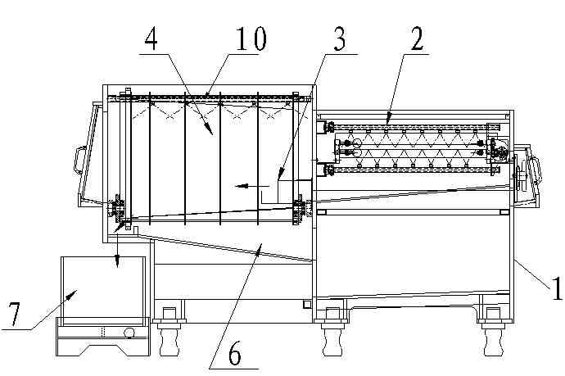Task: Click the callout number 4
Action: [x=151, y=40]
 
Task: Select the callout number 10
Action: [x=251, y=39]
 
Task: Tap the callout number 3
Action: [x=340, y=39]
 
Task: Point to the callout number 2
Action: [x=417, y=39]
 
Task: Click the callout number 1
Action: [x=557, y=288]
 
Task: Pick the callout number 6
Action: [x=234, y=354]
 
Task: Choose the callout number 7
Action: [x=14, y=315]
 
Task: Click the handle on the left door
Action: [x=78, y=161]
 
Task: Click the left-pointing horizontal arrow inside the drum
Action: [x=252, y=186]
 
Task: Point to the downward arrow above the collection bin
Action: [x=117, y=250]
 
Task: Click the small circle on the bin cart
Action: [x=129, y=332]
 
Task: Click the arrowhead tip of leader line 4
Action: [x=213, y=135]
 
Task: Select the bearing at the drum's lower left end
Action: [x=118, y=209]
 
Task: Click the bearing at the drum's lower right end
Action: [x=298, y=209]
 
